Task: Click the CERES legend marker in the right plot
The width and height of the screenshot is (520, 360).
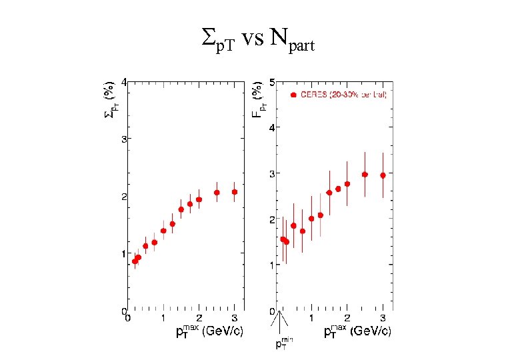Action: pyautogui.click(x=293, y=95)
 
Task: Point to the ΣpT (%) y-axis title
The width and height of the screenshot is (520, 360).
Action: pyautogui.click(x=110, y=101)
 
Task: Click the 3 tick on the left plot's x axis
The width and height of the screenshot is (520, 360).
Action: pyautogui.click(x=234, y=318)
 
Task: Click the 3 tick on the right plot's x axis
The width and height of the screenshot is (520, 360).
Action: pyautogui.click(x=382, y=318)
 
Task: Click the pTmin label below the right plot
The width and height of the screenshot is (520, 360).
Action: pyautogui.click(x=284, y=344)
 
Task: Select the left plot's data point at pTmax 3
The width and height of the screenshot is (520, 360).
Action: pyautogui.click(x=234, y=192)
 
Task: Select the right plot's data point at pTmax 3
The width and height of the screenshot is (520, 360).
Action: pyautogui.click(x=382, y=175)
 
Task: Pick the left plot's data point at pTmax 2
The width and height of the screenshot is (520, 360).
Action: pyautogui.click(x=199, y=199)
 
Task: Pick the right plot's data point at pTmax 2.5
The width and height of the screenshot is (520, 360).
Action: pyautogui.click(x=365, y=175)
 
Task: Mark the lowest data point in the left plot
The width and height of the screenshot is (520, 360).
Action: pyautogui.click(x=135, y=261)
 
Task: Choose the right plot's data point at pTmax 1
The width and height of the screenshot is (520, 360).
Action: pyautogui.click(x=311, y=219)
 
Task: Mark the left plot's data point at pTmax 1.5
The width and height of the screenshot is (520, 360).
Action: pyautogui.click(x=181, y=209)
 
